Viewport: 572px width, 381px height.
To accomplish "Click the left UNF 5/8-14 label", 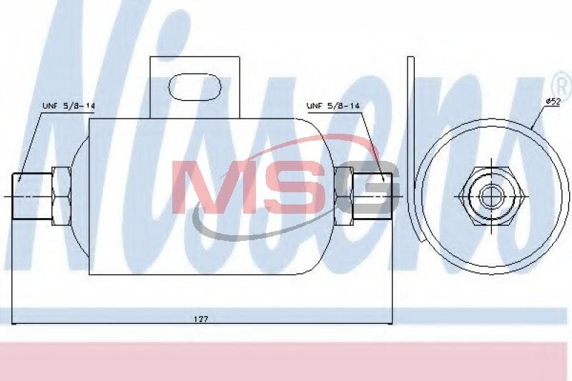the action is coord(69,106).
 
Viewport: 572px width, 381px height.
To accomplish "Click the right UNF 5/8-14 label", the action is coord(333,106).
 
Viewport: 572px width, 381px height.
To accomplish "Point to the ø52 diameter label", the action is coord(553,102).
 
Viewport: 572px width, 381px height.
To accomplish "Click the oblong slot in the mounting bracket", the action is coord(194,86).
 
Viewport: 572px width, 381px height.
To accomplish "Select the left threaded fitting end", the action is coord(32,196).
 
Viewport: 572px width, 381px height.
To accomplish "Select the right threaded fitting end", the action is coord(372,196).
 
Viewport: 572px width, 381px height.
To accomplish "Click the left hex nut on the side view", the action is coord(61,196).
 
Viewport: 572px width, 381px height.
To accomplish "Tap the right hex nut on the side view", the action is coord(343,196).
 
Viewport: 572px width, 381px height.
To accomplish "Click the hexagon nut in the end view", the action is coord(491,196).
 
